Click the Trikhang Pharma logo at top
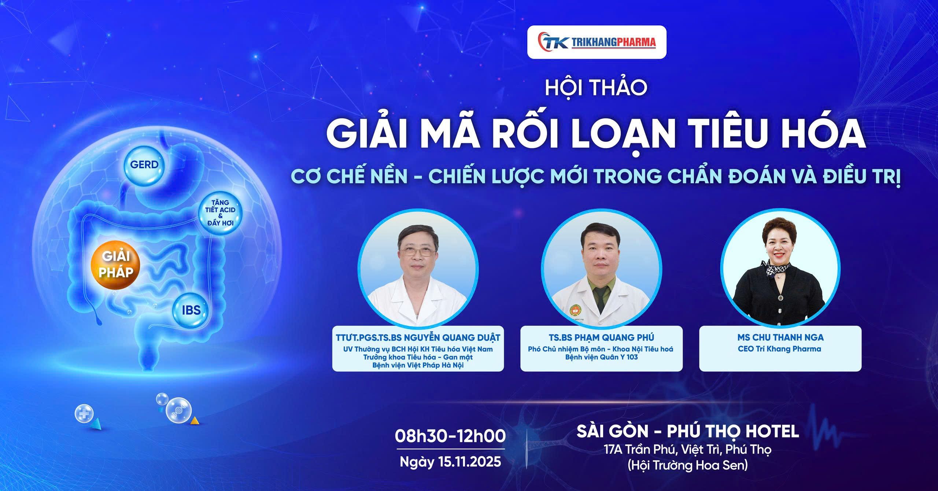[x=597, y=42]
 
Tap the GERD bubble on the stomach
[x=144, y=165]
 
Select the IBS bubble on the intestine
[x=191, y=310]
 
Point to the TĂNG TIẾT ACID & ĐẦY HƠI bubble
[x=220, y=213]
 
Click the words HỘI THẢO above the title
[x=596, y=88]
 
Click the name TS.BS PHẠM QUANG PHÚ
[x=601, y=337]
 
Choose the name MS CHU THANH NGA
[x=780, y=337]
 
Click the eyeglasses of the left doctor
[x=418, y=252]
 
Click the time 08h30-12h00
[x=450, y=436]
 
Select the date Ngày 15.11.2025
[x=450, y=462]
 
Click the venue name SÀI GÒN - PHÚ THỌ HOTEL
[x=688, y=431]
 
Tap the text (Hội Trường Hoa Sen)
[x=688, y=465]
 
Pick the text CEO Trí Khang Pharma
[x=780, y=349]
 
